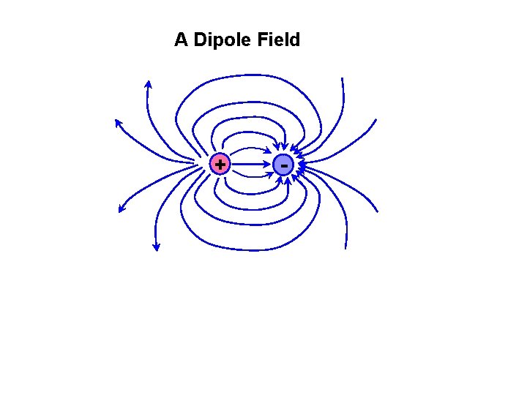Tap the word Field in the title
point(279,39)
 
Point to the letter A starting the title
point(181,39)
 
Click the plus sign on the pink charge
point(219,165)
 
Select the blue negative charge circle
point(283,165)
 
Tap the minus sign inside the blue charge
point(283,166)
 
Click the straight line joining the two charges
point(249,165)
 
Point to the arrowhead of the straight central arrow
point(267,165)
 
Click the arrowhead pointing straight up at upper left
point(148,84)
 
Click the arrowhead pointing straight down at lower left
point(156,247)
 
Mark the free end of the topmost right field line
point(341,78)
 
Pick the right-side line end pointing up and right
point(376,119)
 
